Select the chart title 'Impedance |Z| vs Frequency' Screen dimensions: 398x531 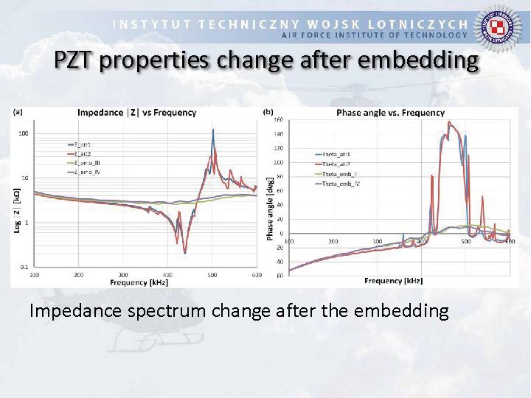(x=137, y=113)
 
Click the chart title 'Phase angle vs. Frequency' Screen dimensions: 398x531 (x=390, y=113)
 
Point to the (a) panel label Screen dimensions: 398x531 (x=18, y=112)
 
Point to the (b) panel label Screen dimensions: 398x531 (x=268, y=112)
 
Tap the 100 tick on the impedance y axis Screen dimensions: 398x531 (x=24, y=133)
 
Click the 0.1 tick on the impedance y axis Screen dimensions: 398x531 (x=24, y=266)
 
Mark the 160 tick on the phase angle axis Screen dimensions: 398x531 (x=279, y=119)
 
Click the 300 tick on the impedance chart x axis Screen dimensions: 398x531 (x=123, y=274)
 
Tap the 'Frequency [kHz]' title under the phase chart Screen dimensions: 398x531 (x=393, y=281)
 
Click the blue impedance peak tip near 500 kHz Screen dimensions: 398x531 (x=213, y=130)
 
